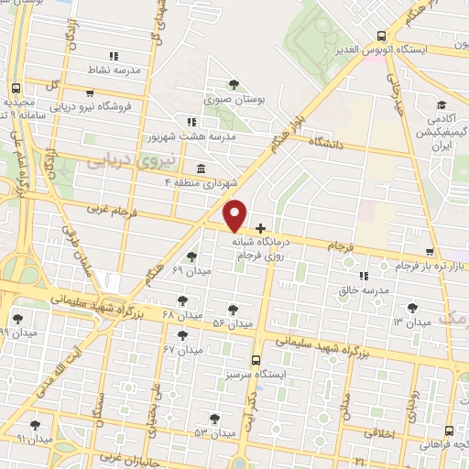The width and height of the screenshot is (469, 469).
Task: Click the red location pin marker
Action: click(235, 215)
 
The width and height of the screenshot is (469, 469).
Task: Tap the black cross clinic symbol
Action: click(260, 227)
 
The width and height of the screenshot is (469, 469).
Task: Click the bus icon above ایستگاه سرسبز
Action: click(255, 360)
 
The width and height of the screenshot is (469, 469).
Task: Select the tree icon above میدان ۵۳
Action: click(214, 419)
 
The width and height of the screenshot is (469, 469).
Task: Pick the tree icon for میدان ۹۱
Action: click(35, 424)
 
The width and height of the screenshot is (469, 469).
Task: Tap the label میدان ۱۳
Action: click(411, 323)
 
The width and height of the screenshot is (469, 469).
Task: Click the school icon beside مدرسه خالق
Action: click(364, 275)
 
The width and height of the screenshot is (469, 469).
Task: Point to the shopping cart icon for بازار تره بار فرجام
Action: click(430, 252)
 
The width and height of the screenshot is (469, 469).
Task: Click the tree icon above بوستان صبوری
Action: click(234, 84)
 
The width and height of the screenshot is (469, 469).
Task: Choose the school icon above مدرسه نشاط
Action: click(114, 55)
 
